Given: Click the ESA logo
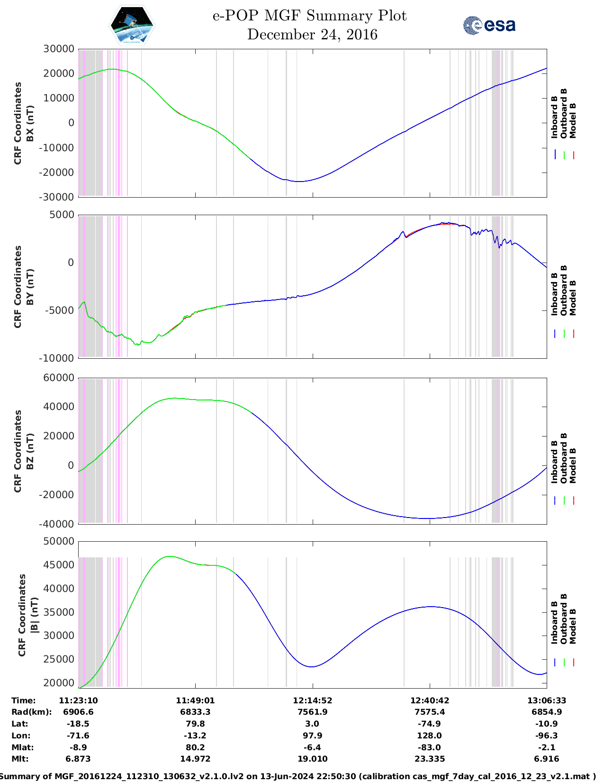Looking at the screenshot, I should [489, 25].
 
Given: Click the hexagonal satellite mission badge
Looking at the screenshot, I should [132, 26].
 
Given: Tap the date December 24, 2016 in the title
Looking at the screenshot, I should [312, 35].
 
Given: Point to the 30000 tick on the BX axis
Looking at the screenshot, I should [58, 49].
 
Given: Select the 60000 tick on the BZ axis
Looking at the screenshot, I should [58, 378].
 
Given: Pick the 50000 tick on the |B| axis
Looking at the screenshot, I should [58, 541].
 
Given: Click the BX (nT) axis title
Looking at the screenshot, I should [30, 123].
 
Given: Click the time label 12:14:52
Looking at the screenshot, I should [312, 700].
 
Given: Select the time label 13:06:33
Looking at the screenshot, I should [547, 700].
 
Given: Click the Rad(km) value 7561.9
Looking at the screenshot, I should [312, 712].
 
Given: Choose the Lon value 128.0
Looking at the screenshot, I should [429, 736].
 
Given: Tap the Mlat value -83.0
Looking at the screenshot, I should [429, 747].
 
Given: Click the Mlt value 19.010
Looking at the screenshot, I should [312, 759].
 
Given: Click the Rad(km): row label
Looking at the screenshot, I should [31, 712].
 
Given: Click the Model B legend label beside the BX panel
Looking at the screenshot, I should [573, 120].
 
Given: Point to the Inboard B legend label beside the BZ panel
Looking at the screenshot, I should [554, 462].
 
